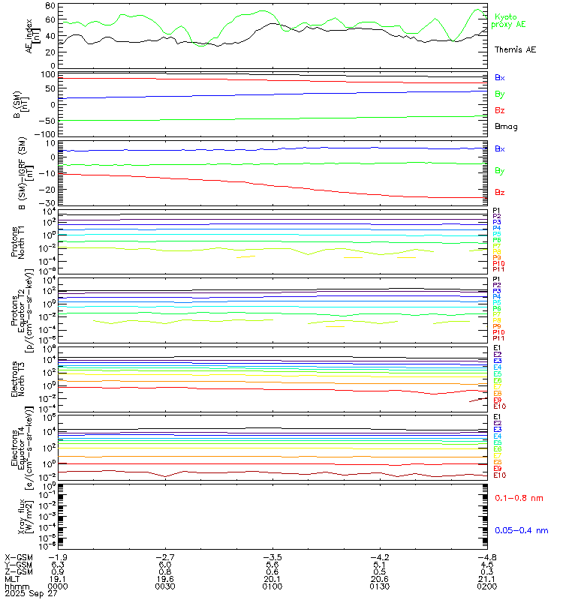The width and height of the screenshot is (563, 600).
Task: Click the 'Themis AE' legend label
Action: [515, 49]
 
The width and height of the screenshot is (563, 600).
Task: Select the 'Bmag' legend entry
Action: [505, 127]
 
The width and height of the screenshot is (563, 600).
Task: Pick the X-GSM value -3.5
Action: [272, 557]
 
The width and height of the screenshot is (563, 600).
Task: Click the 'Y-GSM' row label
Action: [17, 564]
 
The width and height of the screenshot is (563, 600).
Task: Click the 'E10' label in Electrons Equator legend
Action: [499, 475]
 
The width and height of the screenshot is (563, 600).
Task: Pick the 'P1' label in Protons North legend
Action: [497, 211]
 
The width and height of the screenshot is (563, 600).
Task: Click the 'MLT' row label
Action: [13, 577]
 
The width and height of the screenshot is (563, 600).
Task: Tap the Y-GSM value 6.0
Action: [165, 564]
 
